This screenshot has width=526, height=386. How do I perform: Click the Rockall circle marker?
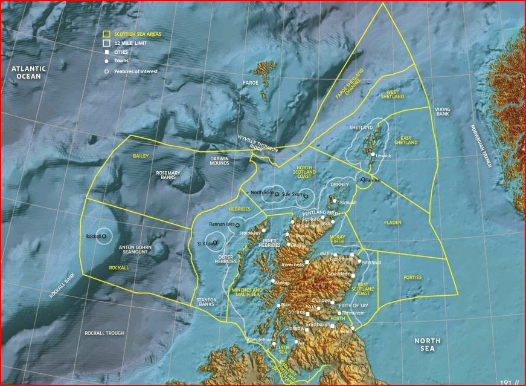pos(104,236)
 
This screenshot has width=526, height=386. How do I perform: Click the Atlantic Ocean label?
pos(28,73)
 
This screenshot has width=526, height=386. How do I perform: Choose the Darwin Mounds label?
pos(219,161)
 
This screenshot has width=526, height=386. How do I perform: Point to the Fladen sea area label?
pos(393,223)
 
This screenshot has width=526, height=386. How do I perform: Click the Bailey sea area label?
pos(141,156)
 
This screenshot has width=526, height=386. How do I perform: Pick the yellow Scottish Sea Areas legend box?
pos(106,34)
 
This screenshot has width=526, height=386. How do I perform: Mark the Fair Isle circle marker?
pos(363,180)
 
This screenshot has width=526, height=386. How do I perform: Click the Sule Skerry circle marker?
pos(306,196)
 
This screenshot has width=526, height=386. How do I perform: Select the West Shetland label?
pos(392,94)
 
